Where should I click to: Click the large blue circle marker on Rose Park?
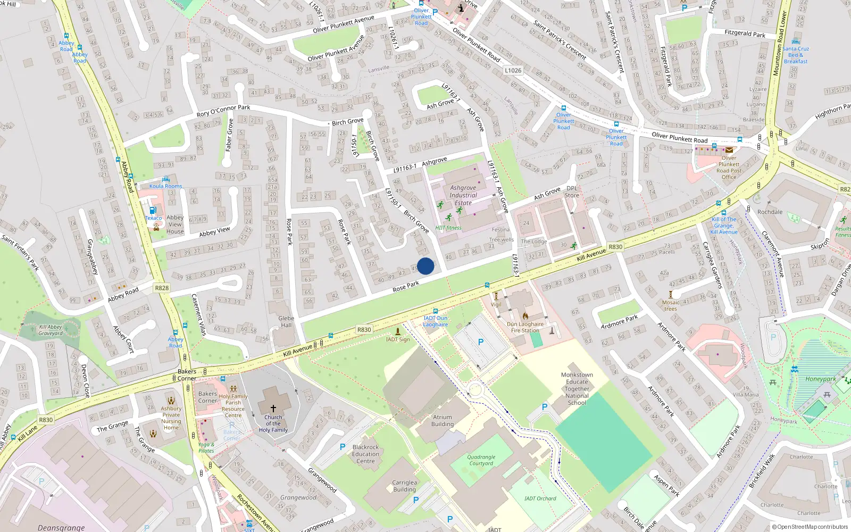point(425,266)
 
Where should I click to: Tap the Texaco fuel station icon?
point(153,211)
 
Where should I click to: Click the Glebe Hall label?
point(286,321)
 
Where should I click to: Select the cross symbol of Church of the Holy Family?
point(273,409)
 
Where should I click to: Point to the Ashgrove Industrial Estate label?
point(463,195)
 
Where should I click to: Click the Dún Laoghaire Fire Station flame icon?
point(525,316)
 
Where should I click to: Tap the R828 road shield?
point(162,288)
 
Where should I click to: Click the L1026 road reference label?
point(513,70)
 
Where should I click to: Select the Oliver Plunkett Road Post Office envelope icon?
point(729,150)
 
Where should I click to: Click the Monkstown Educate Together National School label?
point(577,388)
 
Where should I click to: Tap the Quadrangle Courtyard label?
point(481,460)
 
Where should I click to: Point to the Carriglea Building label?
point(404,486)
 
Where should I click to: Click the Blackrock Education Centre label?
point(365,454)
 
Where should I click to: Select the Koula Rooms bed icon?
point(165,179)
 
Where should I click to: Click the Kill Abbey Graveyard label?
point(51,330)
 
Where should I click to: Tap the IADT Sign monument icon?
point(397,331)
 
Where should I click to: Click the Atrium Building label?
point(442,421)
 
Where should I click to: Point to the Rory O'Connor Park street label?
point(223,110)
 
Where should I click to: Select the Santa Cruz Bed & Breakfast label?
point(795,55)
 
